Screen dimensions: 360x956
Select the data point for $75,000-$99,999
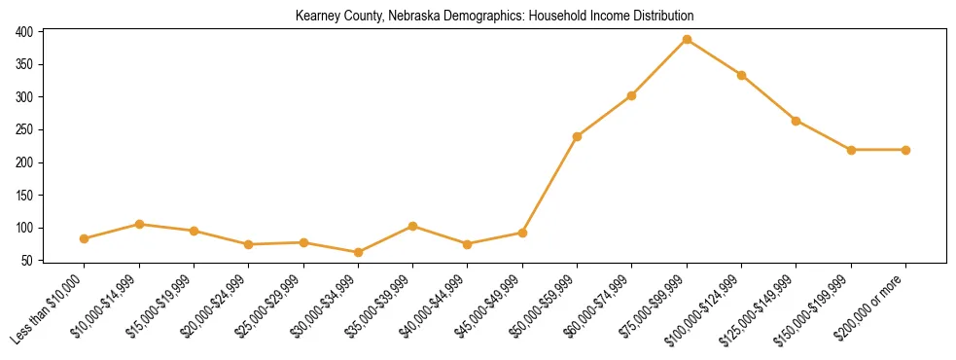point(687,40)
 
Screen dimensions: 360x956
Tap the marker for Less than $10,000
point(85,238)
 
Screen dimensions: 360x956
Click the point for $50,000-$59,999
point(578,136)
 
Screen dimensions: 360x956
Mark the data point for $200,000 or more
point(905,150)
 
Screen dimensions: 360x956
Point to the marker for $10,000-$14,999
point(139,224)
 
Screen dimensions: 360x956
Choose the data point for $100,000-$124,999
point(741,75)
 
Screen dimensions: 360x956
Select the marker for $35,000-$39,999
point(413,226)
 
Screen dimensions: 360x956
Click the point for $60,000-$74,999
point(632,95)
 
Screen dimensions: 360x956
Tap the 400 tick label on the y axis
point(25,32)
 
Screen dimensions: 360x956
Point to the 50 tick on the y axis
point(28,261)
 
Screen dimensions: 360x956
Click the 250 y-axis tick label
point(25,129)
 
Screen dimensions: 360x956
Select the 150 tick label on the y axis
point(25,196)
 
